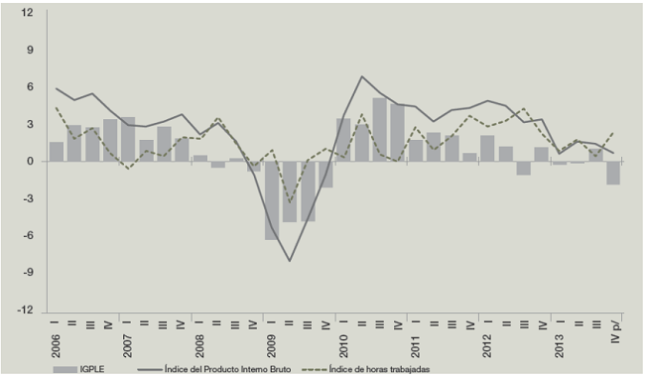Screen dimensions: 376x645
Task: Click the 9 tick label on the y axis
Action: coord(30,50)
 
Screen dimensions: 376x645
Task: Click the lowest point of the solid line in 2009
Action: coord(290,261)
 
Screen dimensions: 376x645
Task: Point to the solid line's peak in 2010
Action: coord(362,76)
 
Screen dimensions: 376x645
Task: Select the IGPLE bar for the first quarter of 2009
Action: coord(271,200)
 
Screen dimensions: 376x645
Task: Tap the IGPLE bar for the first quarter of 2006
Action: coord(57,152)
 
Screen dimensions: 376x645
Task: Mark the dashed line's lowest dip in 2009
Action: coord(290,202)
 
